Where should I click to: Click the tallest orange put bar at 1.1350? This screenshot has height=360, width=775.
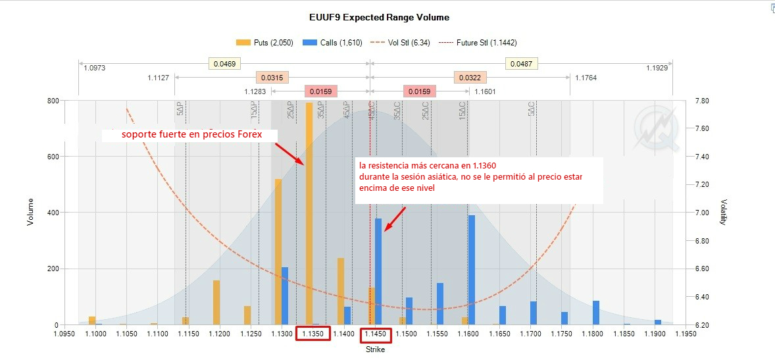tap(309, 214)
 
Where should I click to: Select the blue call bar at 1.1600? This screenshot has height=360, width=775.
tap(471, 270)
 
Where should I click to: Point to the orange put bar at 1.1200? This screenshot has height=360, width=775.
tap(216, 303)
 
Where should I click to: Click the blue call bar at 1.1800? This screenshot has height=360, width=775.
tap(596, 313)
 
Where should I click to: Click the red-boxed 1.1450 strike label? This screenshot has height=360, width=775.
tap(376, 334)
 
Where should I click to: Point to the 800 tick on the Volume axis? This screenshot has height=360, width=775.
tap(51, 101)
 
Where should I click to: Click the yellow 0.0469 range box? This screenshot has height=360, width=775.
tap(224, 64)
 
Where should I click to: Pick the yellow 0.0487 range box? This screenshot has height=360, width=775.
tap(522, 64)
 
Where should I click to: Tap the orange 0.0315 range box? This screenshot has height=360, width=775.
tap(272, 78)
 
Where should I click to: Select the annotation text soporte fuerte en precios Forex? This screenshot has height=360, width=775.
tap(191, 135)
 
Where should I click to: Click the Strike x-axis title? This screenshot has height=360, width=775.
tap(375, 349)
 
